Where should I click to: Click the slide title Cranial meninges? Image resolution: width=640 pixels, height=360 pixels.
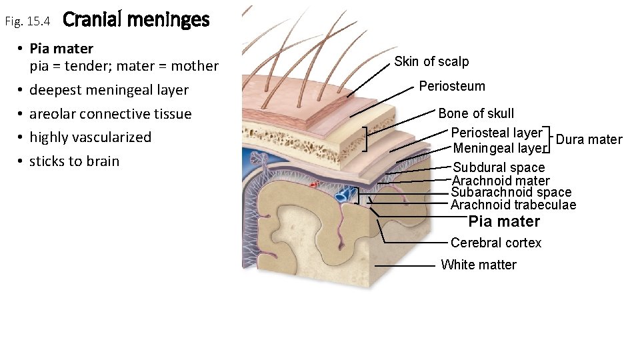coord(136,20)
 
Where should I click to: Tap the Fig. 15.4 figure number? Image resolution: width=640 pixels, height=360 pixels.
coord(27,22)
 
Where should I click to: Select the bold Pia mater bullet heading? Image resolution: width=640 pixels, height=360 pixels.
coord(61,49)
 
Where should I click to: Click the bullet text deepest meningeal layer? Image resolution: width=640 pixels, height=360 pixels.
coord(109,90)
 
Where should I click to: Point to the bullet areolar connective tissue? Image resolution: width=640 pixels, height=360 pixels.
coord(110,114)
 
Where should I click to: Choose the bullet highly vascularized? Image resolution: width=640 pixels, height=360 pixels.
coord(90,137)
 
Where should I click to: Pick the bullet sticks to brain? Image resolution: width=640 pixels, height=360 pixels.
coord(74,161)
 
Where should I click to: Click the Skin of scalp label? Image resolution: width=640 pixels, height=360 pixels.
coord(431,61)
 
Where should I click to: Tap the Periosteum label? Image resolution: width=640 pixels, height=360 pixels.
coord(452,86)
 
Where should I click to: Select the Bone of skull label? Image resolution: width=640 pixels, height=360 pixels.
coord(476,113)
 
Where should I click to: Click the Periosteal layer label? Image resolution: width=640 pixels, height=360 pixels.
coord(496,133)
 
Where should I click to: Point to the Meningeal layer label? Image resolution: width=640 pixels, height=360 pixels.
coord(499,148)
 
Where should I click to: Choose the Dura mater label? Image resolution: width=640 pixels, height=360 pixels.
coord(589,139)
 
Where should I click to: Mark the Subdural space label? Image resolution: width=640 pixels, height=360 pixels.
coord(499,167)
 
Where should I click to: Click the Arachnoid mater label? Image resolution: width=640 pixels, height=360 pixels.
coord(501,181)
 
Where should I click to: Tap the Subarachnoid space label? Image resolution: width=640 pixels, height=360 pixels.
coord(511,193)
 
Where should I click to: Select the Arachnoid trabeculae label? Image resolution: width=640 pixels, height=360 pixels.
coord(513,205)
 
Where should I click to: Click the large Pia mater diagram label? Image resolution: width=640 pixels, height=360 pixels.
coord(504,221)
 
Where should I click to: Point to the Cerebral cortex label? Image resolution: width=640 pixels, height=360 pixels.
coord(496,243)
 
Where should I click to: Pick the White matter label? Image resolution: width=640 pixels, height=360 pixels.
coord(478,265)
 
